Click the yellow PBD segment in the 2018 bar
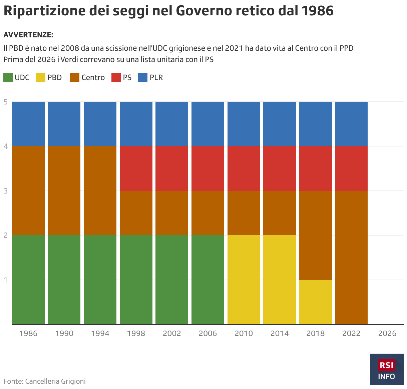point(315,302)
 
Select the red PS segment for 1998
point(136,168)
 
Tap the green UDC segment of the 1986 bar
point(28,280)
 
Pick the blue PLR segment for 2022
point(351,124)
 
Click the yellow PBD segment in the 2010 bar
point(244,280)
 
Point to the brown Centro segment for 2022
point(351,257)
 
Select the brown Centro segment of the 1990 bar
point(64,190)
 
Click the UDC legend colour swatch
point(8,77)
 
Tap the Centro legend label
point(93,77)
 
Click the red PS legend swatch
point(116,77)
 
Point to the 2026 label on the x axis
point(387,333)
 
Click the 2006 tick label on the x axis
point(208,333)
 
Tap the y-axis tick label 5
point(6,102)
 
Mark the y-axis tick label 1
point(6,280)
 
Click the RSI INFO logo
point(387,369)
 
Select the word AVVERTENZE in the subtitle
point(28,35)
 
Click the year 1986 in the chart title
point(317,11)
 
